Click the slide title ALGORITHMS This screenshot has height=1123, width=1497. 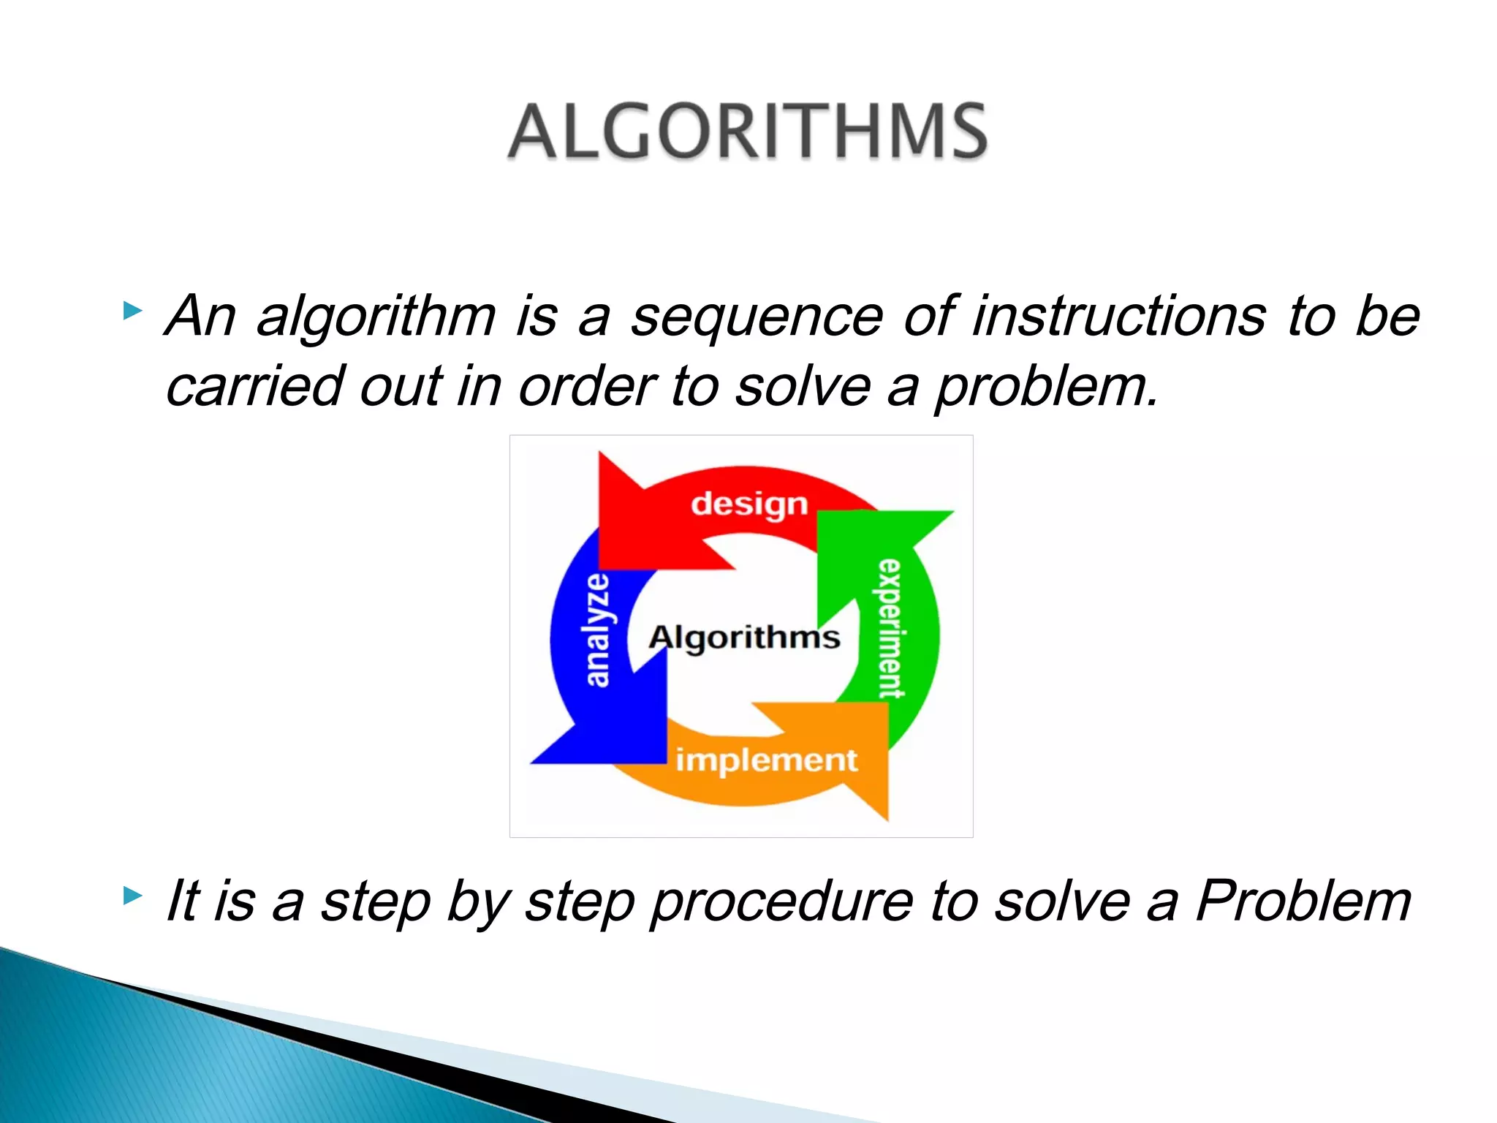coord(747,132)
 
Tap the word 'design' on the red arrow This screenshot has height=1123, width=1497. coord(749,504)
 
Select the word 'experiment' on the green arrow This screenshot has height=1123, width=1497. coord(890,629)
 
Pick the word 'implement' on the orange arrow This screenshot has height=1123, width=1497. coord(766,760)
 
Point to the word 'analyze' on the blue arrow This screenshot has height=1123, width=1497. coord(597,630)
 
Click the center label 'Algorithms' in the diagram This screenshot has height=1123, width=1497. coord(744,638)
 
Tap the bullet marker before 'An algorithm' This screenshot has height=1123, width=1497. coord(132,311)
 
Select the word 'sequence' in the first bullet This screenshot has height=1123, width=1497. coord(757,317)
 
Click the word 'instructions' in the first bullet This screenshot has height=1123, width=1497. coord(1118,316)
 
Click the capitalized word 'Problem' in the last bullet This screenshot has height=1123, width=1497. coord(1303,901)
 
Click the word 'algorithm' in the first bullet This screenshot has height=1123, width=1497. coord(376,317)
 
